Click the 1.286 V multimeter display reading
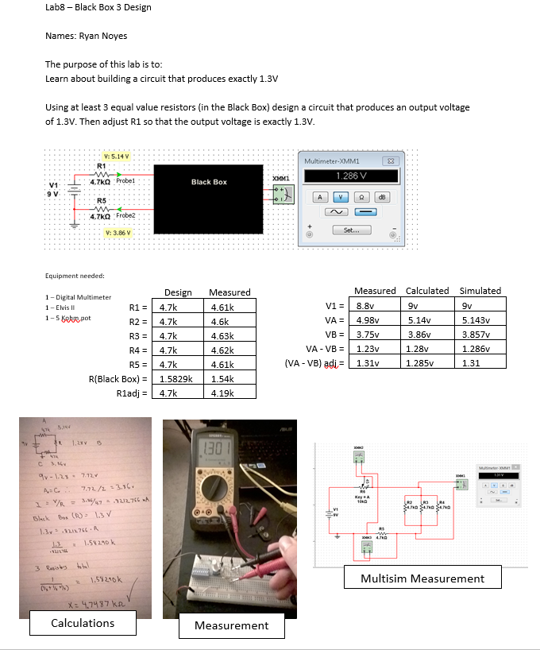pos(349,176)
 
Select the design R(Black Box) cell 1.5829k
pos(179,378)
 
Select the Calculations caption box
pos(83,623)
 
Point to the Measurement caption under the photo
pos(231,625)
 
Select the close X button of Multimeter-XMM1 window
pos(391,162)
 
